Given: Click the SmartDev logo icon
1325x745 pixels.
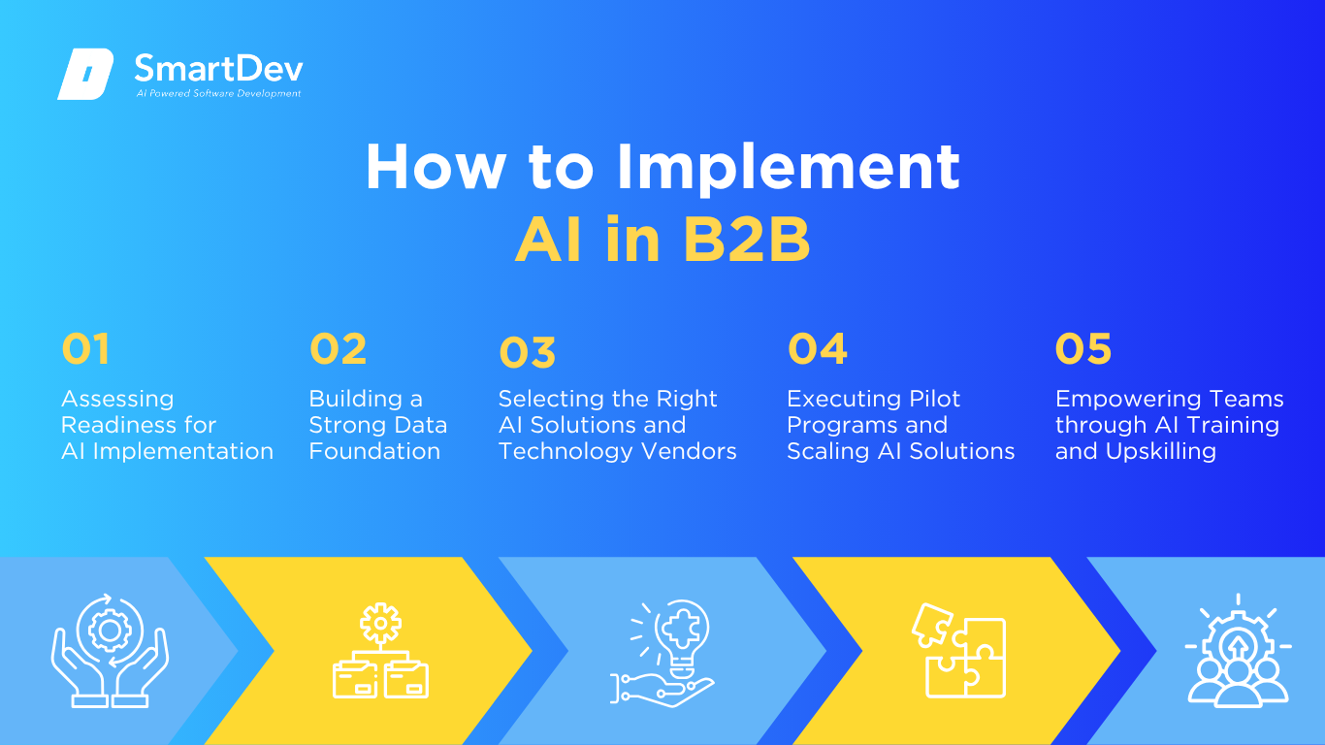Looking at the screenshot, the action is click(x=85, y=74).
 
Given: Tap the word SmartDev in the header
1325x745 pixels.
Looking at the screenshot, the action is click(x=219, y=69).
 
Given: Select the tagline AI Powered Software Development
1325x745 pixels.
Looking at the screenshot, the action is click(x=219, y=93).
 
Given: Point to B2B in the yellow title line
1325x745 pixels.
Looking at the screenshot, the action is click(x=747, y=240).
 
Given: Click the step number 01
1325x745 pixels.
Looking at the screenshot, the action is click(x=85, y=348).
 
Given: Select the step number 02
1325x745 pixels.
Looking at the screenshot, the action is click(x=339, y=348).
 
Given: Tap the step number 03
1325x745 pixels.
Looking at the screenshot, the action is click(x=528, y=353).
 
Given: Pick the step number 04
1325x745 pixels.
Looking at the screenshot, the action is click(x=818, y=348).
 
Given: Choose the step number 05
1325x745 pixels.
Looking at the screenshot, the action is click(x=1083, y=348).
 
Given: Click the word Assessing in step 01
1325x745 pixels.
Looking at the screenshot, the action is click(x=117, y=400).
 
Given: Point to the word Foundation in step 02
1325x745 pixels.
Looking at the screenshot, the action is click(x=374, y=451).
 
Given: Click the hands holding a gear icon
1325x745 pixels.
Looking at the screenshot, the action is click(x=110, y=651).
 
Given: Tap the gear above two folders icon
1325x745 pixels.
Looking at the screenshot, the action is click(x=380, y=651).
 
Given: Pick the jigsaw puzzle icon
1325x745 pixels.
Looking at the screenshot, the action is click(x=959, y=651).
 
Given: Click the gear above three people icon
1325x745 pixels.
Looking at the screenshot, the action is click(x=1238, y=651).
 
